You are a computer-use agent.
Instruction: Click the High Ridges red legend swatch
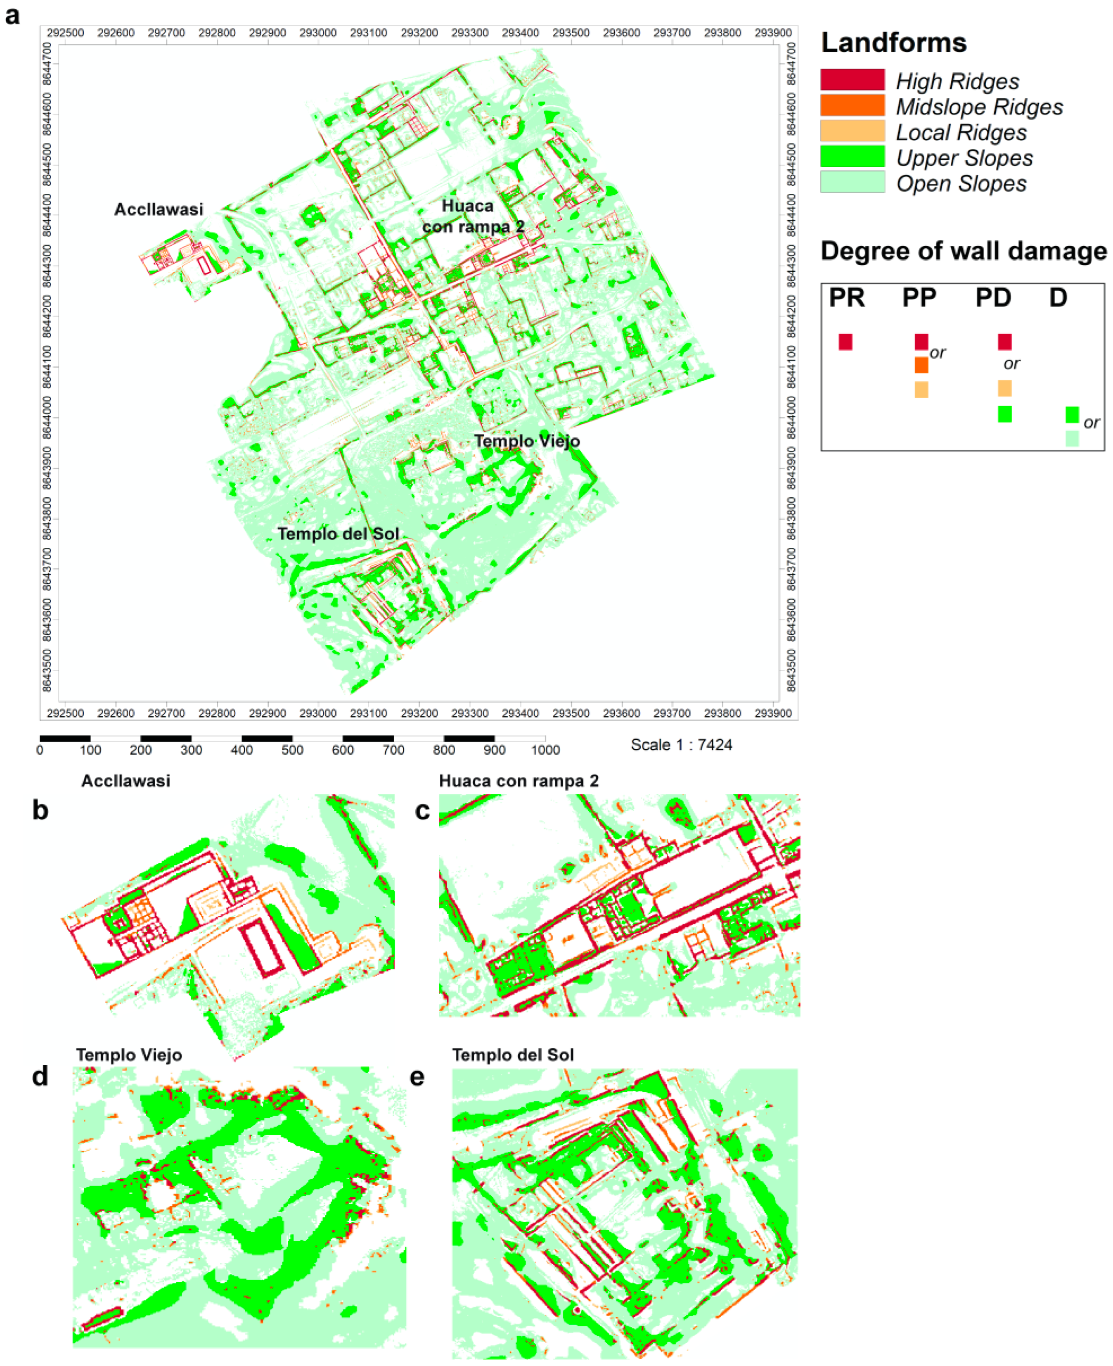[x=852, y=80]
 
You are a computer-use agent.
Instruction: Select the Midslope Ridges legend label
[x=979, y=107]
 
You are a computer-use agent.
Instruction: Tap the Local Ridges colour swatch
[x=852, y=131]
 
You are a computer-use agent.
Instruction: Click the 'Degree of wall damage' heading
[x=963, y=251]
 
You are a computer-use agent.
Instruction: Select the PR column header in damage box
[x=846, y=297]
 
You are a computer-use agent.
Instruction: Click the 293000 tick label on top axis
[x=317, y=33]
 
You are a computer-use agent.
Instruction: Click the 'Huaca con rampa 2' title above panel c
[x=518, y=781]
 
